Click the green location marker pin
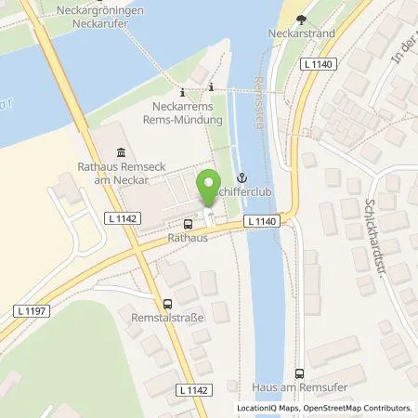(209, 183)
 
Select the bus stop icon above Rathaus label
(189, 224)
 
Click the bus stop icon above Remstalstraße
(167, 304)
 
